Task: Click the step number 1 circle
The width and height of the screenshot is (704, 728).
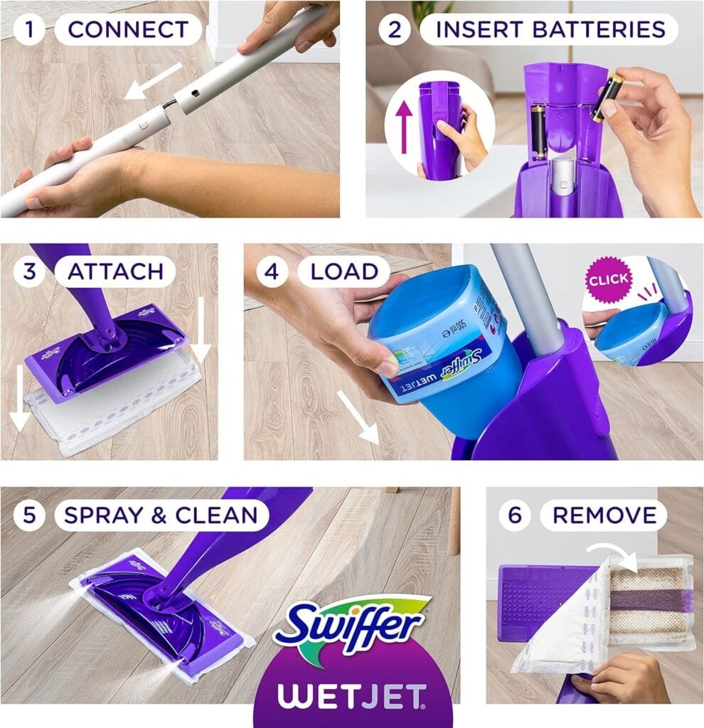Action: coord(29,29)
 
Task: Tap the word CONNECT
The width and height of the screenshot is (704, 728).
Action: coord(128,29)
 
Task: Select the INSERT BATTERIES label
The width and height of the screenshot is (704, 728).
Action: coord(550,29)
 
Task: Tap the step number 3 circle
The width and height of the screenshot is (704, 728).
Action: coord(29,271)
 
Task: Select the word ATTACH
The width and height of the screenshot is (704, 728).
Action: coord(115,271)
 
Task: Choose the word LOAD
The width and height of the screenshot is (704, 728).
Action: coord(343,271)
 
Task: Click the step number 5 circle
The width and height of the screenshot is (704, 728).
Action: coord(29,515)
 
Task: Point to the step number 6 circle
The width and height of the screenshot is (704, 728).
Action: coord(514,515)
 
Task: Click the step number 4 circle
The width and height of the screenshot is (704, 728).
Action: coord(272,271)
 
